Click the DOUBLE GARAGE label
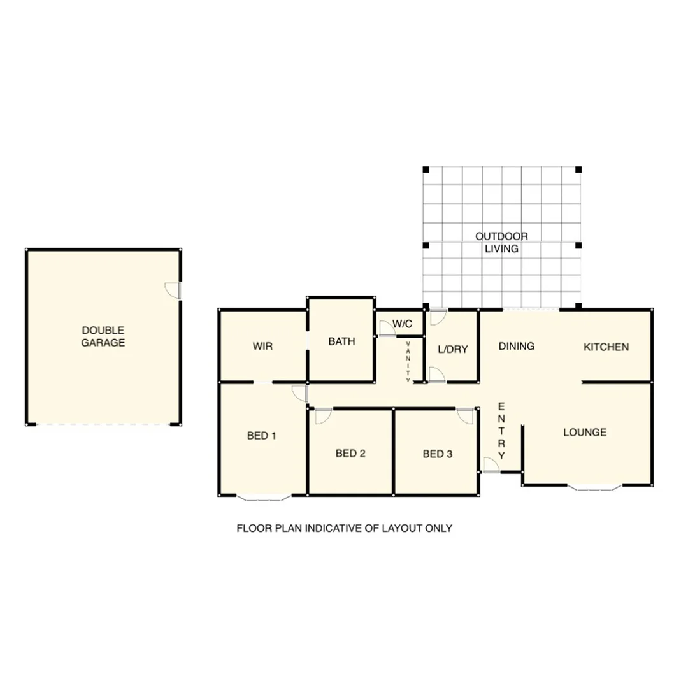(x=103, y=336)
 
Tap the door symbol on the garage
(x=173, y=290)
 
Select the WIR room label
(x=262, y=347)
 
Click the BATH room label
(x=341, y=341)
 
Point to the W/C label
(x=402, y=324)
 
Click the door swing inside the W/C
(x=386, y=329)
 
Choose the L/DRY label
(x=453, y=349)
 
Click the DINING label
(x=516, y=347)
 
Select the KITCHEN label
(x=606, y=347)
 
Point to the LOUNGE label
(x=584, y=433)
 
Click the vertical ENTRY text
(x=501, y=431)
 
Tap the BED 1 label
(x=261, y=436)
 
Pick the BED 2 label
(x=350, y=454)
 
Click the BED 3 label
(x=437, y=454)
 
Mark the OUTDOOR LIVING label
(x=501, y=242)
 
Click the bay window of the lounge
(x=594, y=488)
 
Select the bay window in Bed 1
(x=264, y=498)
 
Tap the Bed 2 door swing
(x=323, y=415)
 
